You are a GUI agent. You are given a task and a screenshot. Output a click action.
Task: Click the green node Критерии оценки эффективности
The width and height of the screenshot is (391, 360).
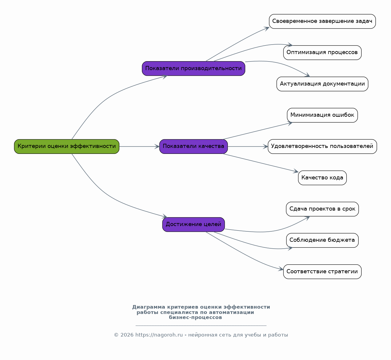[x=67, y=146]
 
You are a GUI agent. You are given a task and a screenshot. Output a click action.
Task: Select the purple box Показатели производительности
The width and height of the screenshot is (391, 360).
[x=194, y=68]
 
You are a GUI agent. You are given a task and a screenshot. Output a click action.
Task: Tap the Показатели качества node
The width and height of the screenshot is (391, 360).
[x=194, y=146]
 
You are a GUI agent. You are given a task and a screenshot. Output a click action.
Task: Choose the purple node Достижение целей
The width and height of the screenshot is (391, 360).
[x=194, y=225]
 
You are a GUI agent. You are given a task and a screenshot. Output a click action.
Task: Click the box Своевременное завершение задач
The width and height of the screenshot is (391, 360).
[x=322, y=21]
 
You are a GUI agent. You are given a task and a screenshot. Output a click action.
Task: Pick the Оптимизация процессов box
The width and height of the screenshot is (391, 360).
[x=322, y=53]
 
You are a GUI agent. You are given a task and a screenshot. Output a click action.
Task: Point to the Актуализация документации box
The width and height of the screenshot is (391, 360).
[x=322, y=84]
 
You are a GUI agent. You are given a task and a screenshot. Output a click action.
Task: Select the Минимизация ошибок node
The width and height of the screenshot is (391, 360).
[x=322, y=115]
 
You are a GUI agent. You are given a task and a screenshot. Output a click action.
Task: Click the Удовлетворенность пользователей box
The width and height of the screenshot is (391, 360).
[x=322, y=146]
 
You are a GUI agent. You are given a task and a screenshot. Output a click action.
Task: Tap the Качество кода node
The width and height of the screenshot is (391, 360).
[x=322, y=178]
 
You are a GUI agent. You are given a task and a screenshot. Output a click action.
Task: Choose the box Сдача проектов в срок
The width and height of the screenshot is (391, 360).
[x=322, y=209]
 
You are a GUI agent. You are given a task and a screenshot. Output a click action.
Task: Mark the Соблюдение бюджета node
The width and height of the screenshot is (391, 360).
[x=322, y=240]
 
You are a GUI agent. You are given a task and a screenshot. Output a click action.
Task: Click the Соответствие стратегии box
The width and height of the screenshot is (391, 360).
[x=322, y=272]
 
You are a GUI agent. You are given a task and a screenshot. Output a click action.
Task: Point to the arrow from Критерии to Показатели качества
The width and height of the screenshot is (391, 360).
[x=139, y=146]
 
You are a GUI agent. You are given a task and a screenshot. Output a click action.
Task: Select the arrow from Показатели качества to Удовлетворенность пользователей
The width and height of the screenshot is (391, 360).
[x=248, y=146]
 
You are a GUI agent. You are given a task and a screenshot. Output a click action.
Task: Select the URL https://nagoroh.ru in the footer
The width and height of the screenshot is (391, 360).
[x=159, y=335]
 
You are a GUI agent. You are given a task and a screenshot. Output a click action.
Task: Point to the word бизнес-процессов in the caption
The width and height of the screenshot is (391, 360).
[x=195, y=318]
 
